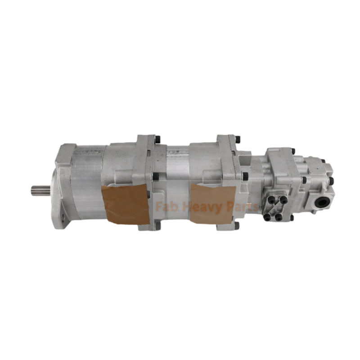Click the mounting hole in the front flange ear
pos(62,219)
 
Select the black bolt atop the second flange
pos(237,139)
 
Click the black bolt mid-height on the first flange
pos(156,176)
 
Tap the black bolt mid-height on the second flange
pos(245,176)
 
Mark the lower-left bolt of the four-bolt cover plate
pos(267,217)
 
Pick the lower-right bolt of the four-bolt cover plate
pos(279,217)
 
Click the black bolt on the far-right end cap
pos(331,181)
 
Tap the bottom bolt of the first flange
pos(157,225)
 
